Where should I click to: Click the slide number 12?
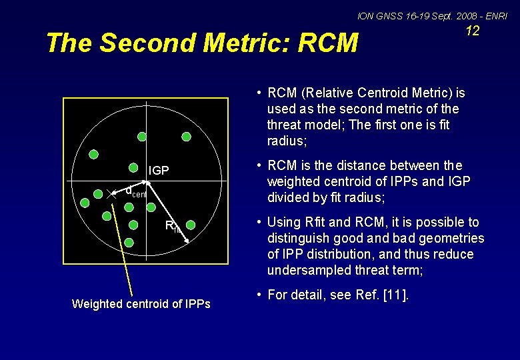click(x=472, y=31)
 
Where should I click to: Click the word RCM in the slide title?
click(x=329, y=43)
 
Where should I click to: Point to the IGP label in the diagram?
click(x=158, y=171)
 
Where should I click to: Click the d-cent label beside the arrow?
click(x=135, y=192)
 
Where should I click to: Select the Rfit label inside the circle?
click(x=173, y=227)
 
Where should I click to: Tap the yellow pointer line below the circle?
click(x=123, y=247)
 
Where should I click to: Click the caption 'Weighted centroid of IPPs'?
click(x=141, y=304)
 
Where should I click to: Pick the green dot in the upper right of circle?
click(x=187, y=137)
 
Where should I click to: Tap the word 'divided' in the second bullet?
click(x=289, y=197)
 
